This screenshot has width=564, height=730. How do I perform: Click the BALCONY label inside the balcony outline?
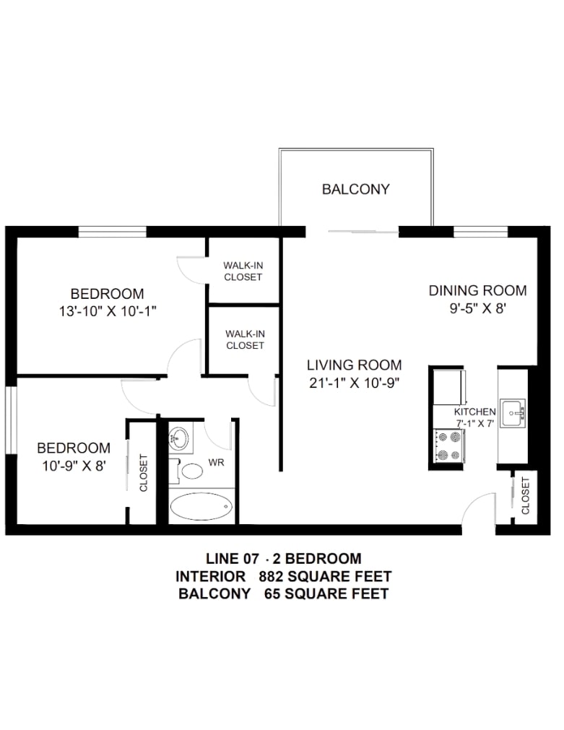[356, 189]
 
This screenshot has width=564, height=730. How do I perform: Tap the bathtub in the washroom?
[201, 506]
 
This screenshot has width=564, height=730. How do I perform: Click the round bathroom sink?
[178, 438]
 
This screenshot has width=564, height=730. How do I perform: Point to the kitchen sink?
[513, 413]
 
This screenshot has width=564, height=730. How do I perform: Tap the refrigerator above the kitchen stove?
[449, 387]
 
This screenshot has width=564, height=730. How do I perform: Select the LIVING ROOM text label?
[354, 365]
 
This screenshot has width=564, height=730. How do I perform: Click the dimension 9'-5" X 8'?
[478, 308]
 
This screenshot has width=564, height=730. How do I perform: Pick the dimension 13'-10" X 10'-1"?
[108, 311]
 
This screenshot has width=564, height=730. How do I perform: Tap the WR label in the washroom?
[216, 463]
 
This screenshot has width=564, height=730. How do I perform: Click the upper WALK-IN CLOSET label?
[243, 271]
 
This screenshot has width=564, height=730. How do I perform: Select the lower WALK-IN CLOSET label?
[245, 340]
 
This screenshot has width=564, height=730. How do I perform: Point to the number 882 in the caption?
[271, 576]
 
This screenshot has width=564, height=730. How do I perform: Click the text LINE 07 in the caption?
[232, 559]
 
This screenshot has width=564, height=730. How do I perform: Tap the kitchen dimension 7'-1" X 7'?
[474, 424]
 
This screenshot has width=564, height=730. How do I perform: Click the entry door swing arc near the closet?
[475, 503]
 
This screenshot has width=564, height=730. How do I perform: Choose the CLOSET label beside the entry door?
[525, 495]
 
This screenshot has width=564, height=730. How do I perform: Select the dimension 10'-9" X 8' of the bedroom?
[74, 466]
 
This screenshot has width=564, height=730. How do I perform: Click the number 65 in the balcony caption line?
[272, 594]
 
